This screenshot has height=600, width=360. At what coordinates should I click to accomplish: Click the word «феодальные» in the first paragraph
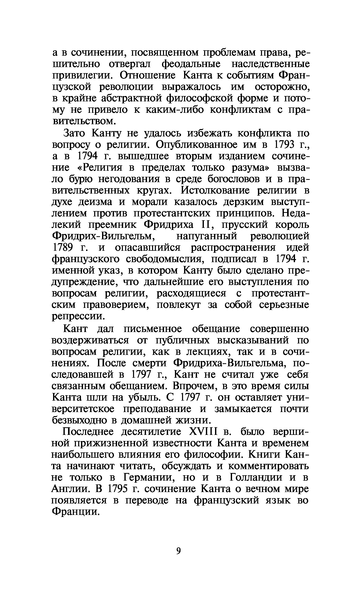191,64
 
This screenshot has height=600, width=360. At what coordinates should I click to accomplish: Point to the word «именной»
73,271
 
